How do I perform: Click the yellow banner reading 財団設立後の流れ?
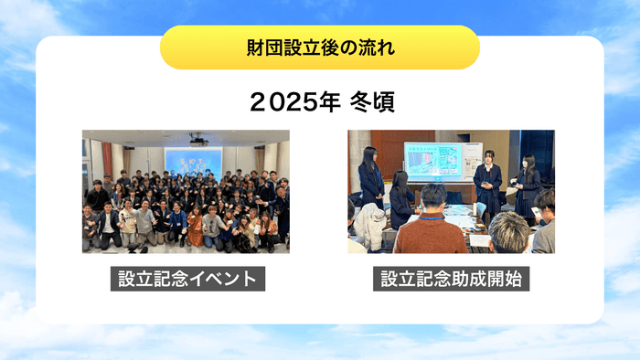click(x=320, y=48)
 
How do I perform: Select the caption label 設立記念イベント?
click(x=187, y=278)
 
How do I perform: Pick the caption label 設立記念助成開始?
click(x=452, y=278)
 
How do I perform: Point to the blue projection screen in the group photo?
click(x=193, y=160)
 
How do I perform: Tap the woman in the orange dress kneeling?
click(x=195, y=228)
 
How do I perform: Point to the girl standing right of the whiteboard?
click(x=487, y=183)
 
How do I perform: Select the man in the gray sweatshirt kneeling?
click(x=144, y=223)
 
